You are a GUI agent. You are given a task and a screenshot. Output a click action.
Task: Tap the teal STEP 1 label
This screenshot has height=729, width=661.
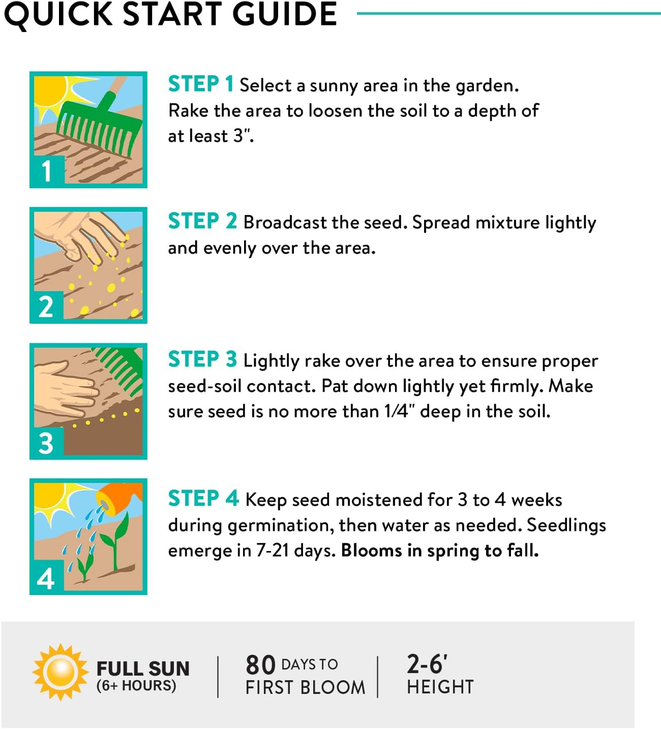pyautogui.click(x=201, y=84)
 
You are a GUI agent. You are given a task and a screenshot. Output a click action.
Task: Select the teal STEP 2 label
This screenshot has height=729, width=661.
pyautogui.click(x=202, y=221)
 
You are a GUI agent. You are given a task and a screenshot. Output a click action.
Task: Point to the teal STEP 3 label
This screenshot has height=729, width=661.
pyautogui.click(x=202, y=359)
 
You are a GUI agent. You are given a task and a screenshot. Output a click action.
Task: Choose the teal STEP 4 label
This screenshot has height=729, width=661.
pyautogui.click(x=203, y=498)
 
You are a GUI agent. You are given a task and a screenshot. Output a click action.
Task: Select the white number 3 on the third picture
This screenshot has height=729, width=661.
pyautogui.click(x=46, y=443)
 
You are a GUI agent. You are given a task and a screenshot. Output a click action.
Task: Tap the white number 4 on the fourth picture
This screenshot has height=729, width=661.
pyautogui.click(x=46, y=579)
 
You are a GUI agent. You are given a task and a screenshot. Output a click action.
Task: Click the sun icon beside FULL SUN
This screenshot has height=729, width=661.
pyautogui.click(x=61, y=672)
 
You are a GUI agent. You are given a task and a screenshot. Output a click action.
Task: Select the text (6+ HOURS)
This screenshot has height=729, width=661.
pyautogui.click(x=136, y=685)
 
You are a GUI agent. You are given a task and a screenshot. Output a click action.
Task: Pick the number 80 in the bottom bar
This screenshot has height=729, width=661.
pyautogui.click(x=261, y=665)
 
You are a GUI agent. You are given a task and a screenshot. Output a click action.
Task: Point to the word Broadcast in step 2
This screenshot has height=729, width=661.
pyautogui.click(x=285, y=222)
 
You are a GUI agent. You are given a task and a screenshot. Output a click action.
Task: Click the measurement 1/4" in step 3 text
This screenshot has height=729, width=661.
pyautogui.click(x=400, y=411)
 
